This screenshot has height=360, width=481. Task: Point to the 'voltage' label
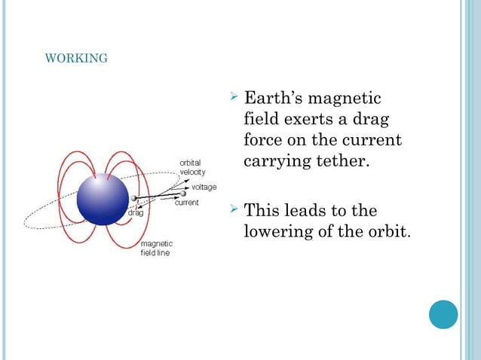[204, 186]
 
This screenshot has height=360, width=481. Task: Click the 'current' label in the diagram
[186, 203]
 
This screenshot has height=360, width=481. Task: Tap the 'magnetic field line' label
[157, 249]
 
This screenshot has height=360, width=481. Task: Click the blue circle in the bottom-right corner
[443, 314]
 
